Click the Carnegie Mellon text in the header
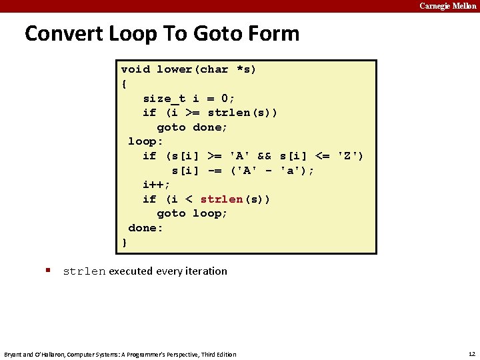[447, 6]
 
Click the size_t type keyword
[165, 98]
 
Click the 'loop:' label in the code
[145, 141]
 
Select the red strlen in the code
[221, 199]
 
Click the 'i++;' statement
[157, 185]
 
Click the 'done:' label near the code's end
[145, 228]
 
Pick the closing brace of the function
[125, 243]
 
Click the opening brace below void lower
[125, 84]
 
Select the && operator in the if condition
[264, 156]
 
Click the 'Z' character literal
[351, 156]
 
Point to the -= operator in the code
[214, 171]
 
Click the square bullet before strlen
[49, 271]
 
